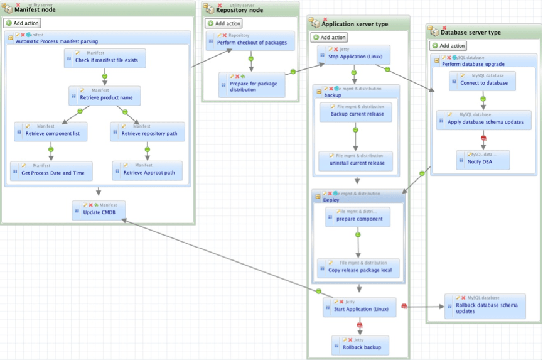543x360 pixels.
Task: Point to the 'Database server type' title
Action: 470,32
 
